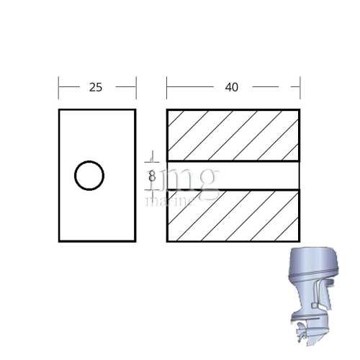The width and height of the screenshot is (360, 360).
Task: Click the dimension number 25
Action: (95, 87)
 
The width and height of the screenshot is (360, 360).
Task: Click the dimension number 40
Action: (231, 87)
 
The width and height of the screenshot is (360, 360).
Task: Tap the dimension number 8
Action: (152, 175)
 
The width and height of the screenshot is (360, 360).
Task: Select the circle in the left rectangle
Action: (89, 175)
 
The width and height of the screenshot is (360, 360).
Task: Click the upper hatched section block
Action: (233, 135)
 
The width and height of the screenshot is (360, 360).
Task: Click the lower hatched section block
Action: (233, 215)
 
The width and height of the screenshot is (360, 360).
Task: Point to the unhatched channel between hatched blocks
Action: (233, 175)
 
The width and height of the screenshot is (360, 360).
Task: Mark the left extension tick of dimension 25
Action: (59, 87)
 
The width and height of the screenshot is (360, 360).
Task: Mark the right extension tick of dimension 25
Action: (135, 87)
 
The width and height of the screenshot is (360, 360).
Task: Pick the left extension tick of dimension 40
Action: (167, 87)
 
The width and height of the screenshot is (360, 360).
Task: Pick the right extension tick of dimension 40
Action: (300, 87)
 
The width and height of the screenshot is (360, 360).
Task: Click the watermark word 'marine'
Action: (170, 201)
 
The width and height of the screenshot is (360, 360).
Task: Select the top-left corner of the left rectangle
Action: (59, 109)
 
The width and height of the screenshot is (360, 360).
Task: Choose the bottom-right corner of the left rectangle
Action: (135, 241)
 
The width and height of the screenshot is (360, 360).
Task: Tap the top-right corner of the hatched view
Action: (300, 109)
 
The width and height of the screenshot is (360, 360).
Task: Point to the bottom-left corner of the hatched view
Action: (167, 241)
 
